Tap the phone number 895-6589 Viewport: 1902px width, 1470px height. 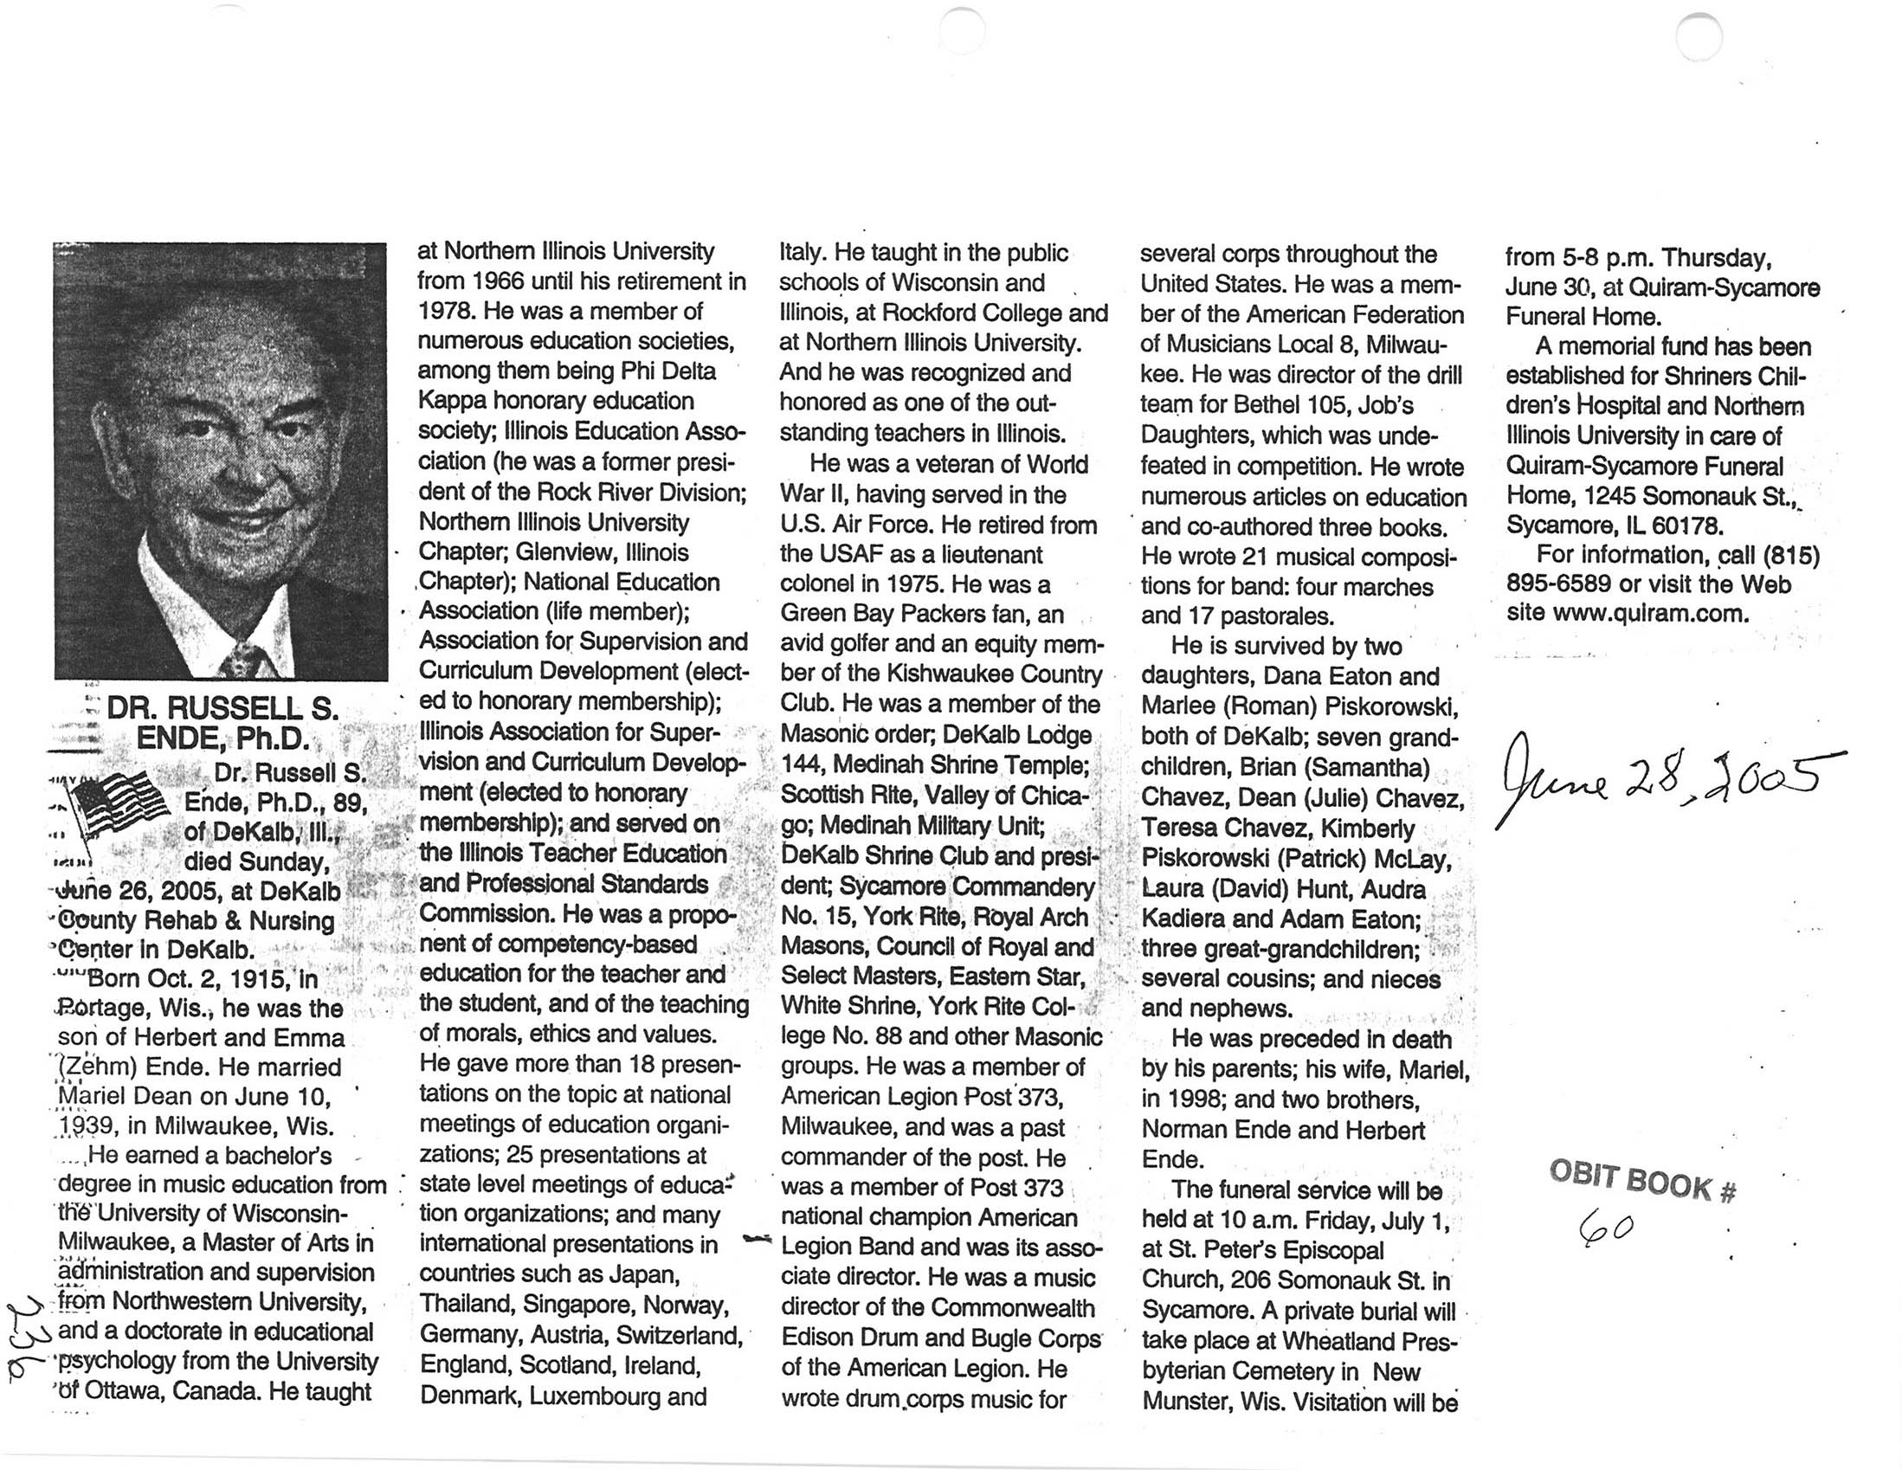[1558, 583]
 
